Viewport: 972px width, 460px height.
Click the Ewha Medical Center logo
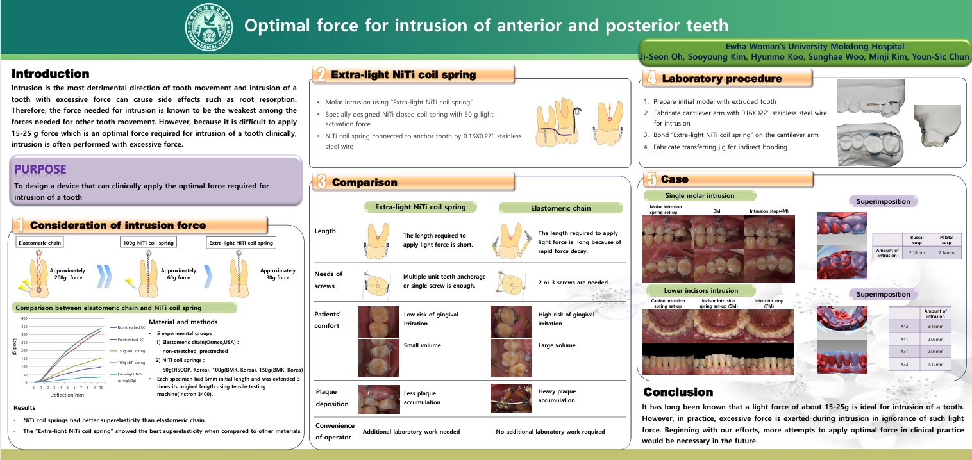[x=209, y=26]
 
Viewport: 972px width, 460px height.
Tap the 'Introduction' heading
[x=50, y=74]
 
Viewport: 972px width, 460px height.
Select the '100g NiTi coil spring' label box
[x=148, y=243]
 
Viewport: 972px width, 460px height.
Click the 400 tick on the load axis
[x=24, y=318]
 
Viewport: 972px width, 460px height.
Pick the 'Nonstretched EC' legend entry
[x=131, y=327]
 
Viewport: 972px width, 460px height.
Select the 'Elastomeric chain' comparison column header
[x=560, y=208]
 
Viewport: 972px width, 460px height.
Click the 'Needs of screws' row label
[x=328, y=279]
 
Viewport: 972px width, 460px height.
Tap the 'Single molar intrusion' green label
[x=700, y=195]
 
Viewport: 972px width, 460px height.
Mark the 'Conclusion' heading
[x=678, y=391]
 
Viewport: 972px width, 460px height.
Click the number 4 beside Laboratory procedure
[x=651, y=78]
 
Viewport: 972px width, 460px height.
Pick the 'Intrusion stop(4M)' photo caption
[x=768, y=211]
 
